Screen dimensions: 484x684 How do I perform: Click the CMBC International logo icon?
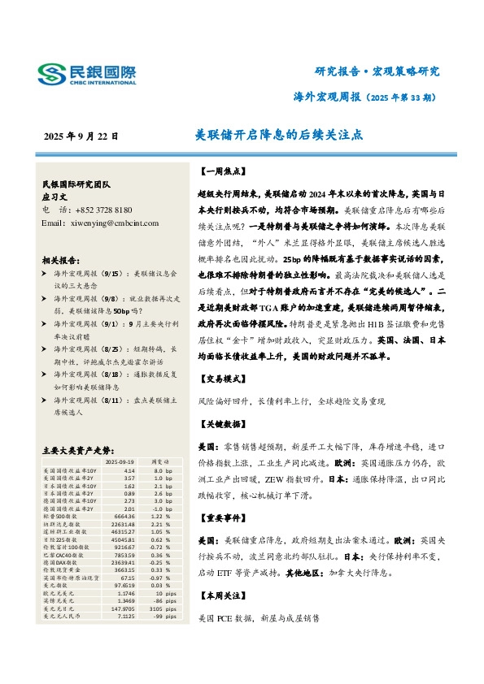coord(54,74)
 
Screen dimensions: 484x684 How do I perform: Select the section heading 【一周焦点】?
coord(220,173)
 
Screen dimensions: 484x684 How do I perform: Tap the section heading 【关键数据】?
coord(220,426)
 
